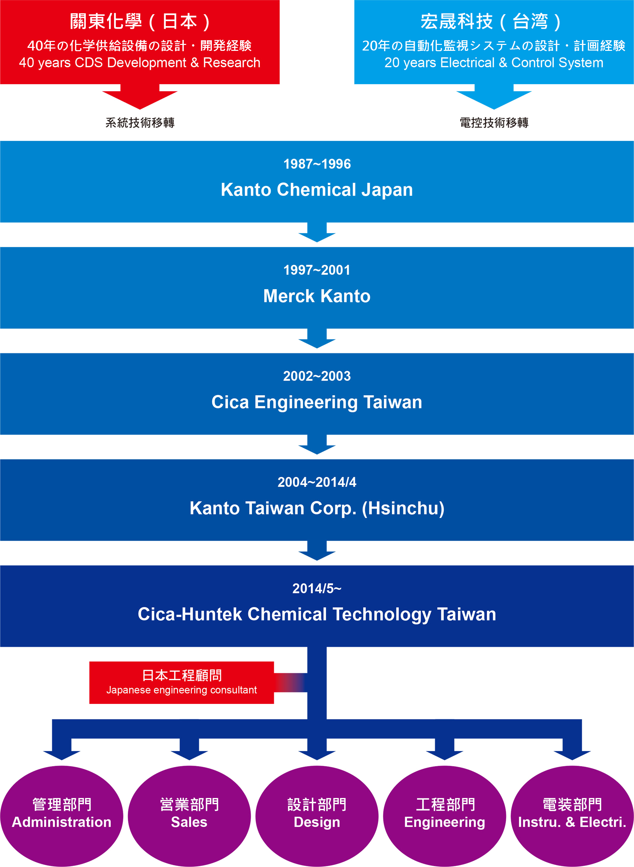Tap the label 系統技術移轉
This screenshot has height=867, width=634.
[140, 123]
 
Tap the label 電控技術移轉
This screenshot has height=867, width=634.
[494, 123]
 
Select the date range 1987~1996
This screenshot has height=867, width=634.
[317, 164]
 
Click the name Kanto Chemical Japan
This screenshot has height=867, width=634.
[317, 190]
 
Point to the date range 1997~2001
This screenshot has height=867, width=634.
[317, 270]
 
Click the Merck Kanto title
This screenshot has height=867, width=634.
[317, 296]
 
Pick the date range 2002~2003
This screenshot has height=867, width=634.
[317, 376]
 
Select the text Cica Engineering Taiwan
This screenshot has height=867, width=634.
[317, 402]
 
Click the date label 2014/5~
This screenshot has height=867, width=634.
[317, 588]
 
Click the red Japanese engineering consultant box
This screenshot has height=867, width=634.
[182, 682]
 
